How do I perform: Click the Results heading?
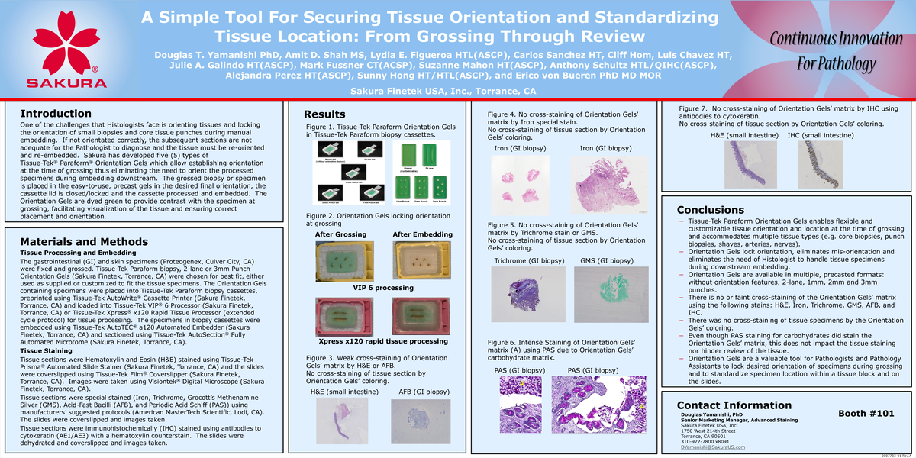[324, 114]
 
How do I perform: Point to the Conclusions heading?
[711, 210]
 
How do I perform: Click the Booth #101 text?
[865, 413]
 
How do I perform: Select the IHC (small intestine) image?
[820, 164]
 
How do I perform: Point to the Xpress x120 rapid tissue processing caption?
[382, 340]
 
